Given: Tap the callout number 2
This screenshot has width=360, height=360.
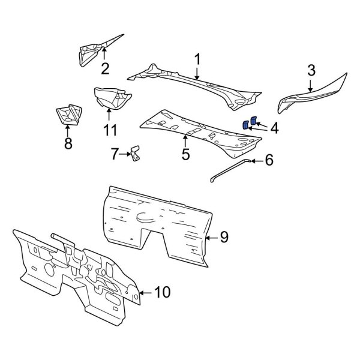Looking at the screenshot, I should [105, 68].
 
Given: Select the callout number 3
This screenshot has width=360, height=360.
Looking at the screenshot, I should [311, 70].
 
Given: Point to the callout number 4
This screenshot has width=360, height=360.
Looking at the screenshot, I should [274, 127].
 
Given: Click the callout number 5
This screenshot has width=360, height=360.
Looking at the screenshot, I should [185, 154].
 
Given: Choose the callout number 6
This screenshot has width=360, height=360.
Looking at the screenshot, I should [269, 160].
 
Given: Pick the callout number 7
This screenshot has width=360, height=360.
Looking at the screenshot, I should [115, 154].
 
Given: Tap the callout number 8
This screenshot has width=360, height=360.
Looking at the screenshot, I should [67, 143].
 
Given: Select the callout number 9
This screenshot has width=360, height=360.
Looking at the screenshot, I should [224, 238].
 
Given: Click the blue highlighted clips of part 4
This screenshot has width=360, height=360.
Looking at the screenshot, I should [249, 123].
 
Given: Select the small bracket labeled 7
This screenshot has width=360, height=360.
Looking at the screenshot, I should [136, 152].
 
